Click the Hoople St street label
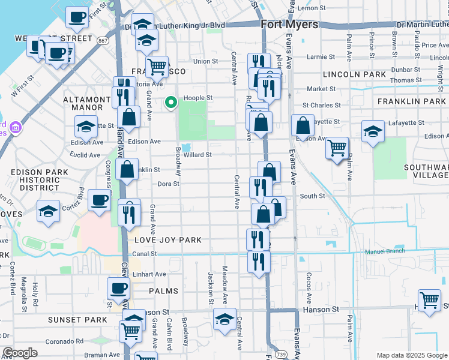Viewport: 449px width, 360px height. (x=198, y=97)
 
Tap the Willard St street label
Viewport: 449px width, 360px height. (x=197, y=155)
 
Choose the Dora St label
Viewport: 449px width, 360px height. (x=168, y=184)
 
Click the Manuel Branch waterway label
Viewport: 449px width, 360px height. (x=385, y=252)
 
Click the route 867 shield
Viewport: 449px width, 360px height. (x=103, y=40)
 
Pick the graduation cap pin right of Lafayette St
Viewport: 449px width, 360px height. (x=373, y=131)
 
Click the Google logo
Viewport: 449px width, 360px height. (x=20, y=353)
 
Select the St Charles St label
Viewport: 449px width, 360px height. (x=321, y=105)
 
